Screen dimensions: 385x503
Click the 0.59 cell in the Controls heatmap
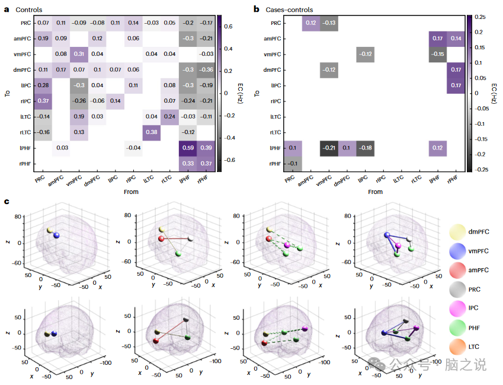coord(188,147)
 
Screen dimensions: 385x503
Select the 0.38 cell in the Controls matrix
coord(151,132)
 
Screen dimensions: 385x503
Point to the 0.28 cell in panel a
coord(43,85)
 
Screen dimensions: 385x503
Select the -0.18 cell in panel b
coord(366,147)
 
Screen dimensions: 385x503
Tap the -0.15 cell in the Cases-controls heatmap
coord(438,54)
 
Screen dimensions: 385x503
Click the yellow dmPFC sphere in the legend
coord(458,231)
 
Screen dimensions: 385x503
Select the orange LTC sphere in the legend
coord(458,346)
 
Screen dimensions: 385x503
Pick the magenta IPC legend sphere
coord(458,308)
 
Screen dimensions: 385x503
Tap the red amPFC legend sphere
coord(458,270)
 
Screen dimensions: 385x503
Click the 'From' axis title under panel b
coord(375,192)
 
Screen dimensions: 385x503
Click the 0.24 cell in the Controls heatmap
coord(169,116)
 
